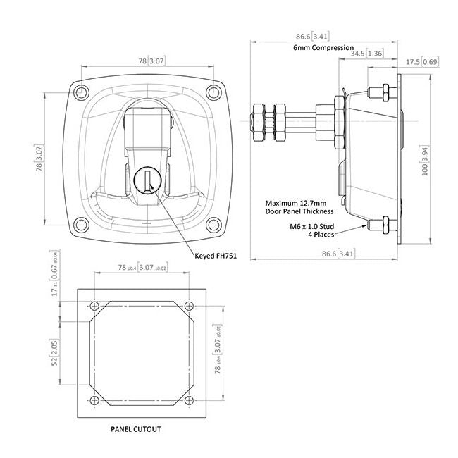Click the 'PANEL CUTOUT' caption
[x=136, y=429]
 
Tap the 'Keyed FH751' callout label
[x=216, y=256]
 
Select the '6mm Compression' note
[x=323, y=47]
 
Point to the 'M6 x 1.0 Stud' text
[x=312, y=226]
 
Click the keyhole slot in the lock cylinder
[x=147, y=182]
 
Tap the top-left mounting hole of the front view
[x=81, y=92]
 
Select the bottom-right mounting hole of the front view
[x=213, y=225]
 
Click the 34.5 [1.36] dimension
[x=366, y=53]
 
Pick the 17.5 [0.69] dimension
[x=422, y=62]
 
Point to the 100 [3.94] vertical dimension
[x=425, y=161]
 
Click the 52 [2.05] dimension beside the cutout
[x=55, y=352]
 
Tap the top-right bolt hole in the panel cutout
[x=190, y=306]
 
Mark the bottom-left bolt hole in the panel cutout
[x=94, y=400]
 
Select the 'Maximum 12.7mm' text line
[x=296, y=203]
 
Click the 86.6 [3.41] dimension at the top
[x=311, y=37]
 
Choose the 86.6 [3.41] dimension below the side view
[x=338, y=254]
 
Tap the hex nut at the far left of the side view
[x=259, y=123]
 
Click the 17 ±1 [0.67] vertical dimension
[x=55, y=273]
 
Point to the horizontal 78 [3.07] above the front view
[x=151, y=61]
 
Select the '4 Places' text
[x=321, y=234]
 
